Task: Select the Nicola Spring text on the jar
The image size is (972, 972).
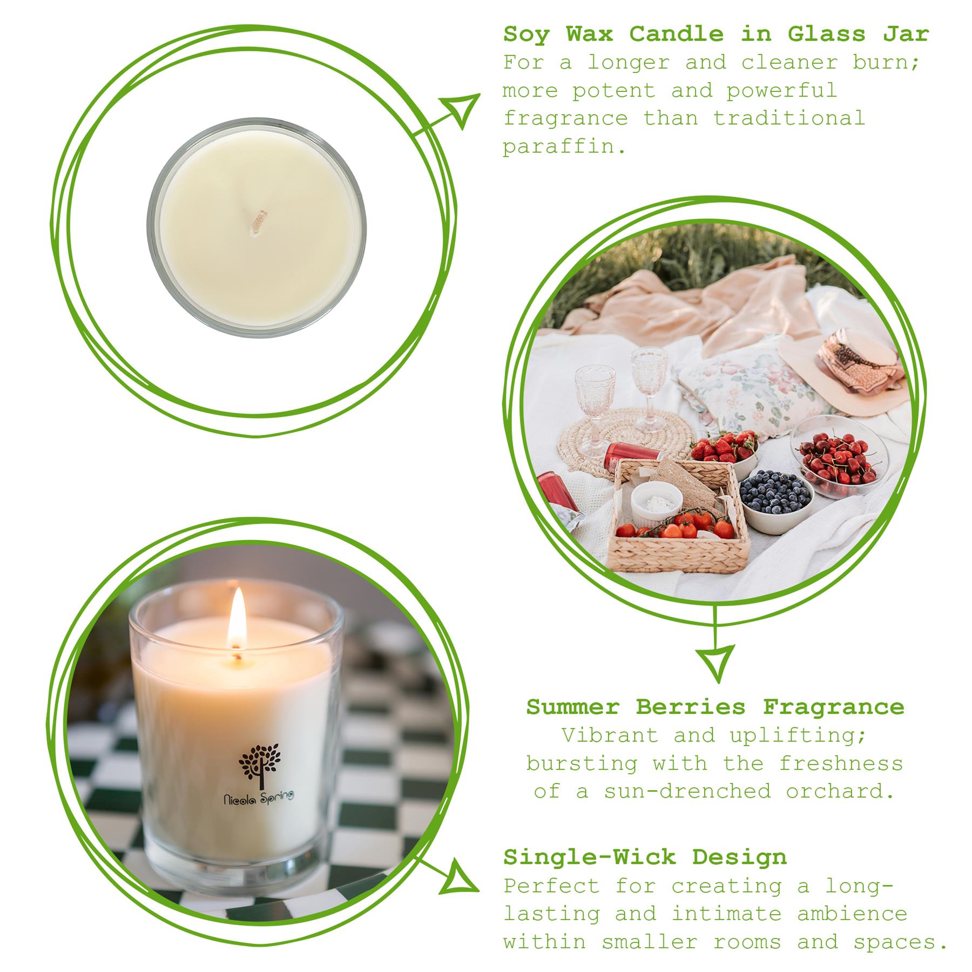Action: (259, 797)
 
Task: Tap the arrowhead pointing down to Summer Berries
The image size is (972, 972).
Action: (715, 663)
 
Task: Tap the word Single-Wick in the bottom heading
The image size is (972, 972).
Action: (589, 857)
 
